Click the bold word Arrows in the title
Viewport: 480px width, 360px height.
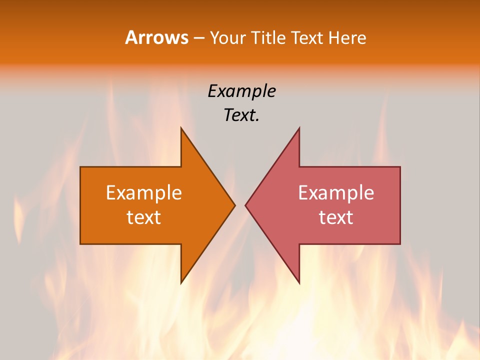156,37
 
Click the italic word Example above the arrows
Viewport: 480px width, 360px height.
241,91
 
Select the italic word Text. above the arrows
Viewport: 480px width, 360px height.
241,115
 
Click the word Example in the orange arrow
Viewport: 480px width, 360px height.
144,192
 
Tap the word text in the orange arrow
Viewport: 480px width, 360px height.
144,217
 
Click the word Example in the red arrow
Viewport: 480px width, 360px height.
336,192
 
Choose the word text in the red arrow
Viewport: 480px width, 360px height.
336,217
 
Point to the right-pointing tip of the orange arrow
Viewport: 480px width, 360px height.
235,205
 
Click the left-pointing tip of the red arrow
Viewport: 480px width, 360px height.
245,205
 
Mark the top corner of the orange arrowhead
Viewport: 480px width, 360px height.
181,128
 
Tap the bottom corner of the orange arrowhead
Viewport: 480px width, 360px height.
181,283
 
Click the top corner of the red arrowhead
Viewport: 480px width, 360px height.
299,128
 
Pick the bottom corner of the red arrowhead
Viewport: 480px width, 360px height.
299,283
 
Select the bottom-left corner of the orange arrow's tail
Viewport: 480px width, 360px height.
80,244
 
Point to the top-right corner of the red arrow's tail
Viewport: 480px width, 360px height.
400,167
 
